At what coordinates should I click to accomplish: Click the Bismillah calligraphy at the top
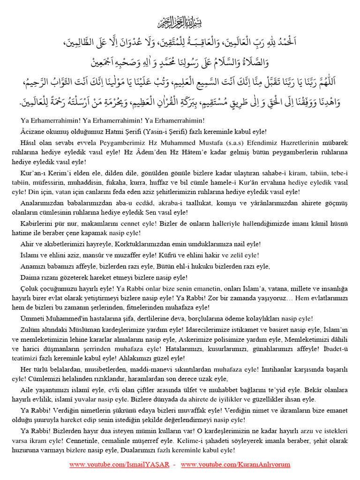pyautogui.click(x=180, y=22)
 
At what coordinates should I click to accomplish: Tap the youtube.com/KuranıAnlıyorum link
pyautogui.click(x=235, y=465)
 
